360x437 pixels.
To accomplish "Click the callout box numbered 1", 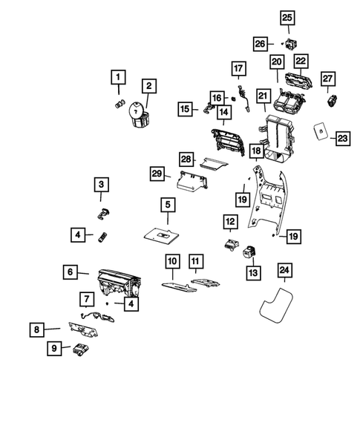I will click(x=118, y=76).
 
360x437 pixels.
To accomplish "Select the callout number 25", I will click(x=287, y=17).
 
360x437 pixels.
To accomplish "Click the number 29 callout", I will click(x=157, y=174).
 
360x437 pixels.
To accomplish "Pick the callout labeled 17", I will click(x=238, y=69).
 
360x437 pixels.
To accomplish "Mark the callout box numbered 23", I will click(x=342, y=138).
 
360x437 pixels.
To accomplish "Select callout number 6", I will click(x=70, y=272).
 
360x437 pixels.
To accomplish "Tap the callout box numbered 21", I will click(x=262, y=96).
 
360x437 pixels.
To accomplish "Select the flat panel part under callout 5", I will click(x=162, y=234).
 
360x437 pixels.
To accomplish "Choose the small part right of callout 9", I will click(x=80, y=349).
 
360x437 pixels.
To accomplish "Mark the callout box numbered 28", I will click(x=187, y=159).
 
